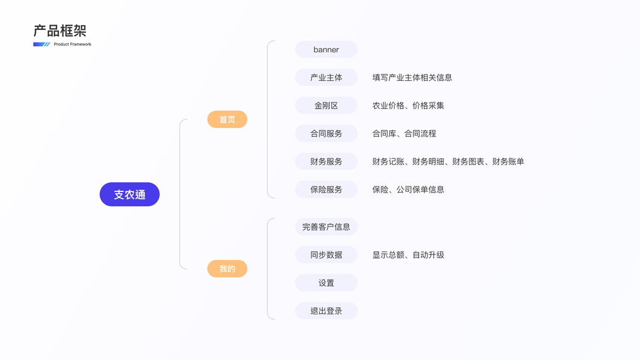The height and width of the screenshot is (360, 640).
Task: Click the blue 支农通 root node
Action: click(x=130, y=194)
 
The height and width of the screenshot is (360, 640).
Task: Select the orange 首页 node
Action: click(x=227, y=119)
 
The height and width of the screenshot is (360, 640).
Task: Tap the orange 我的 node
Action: click(x=227, y=269)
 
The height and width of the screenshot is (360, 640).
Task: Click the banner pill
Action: click(x=326, y=49)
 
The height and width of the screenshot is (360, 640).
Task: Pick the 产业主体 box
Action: click(x=326, y=77)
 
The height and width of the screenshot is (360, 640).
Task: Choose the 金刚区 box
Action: click(x=326, y=106)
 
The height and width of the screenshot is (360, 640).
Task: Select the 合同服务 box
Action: click(x=326, y=133)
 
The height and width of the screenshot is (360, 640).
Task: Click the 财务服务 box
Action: click(x=326, y=161)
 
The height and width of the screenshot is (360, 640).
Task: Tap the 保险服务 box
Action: click(x=326, y=190)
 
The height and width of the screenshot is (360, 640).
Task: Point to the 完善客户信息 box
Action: click(x=326, y=227)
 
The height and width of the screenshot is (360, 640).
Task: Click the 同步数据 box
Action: click(x=326, y=254)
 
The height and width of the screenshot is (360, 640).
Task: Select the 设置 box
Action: click(x=326, y=283)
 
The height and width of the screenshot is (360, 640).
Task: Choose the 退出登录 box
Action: click(x=326, y=311)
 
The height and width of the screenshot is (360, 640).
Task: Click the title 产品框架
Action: click(x=60, y=31)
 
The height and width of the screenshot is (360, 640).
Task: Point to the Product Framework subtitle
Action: click(x=73, y=44)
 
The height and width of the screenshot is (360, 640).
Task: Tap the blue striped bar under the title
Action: click(x=41, y=44)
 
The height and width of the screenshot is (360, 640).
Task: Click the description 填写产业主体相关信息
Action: click(x=412, y=77)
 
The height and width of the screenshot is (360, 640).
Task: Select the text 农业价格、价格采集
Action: click(x=408, y=106)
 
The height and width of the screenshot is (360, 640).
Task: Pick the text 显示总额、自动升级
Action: click(x=408, y=254)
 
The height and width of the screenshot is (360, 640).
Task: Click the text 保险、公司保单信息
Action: click(x=408, y=190)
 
